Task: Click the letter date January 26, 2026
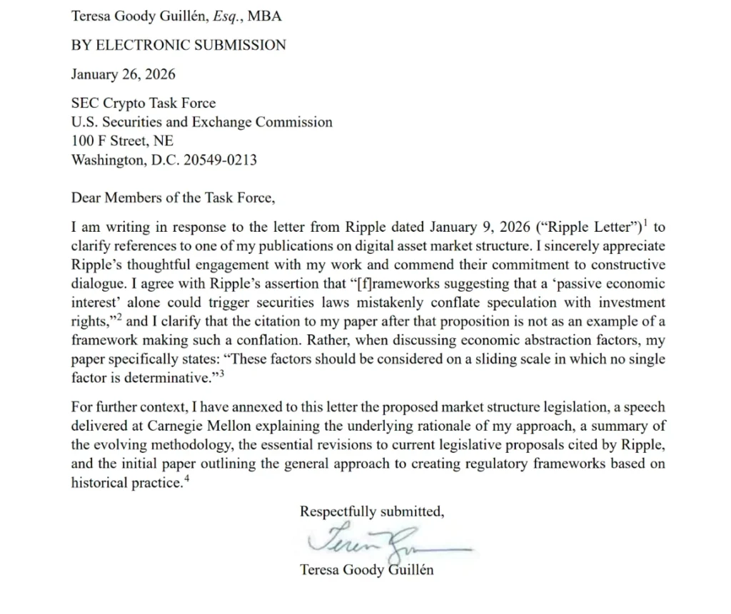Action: pyautogui.click(x=123, y=74)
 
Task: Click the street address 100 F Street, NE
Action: pyautogui.click(x=122, y=141)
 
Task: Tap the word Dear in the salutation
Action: pyautogui.click(x=86, y=198)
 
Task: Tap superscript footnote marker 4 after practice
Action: pyautogui.click(x=188, y=478)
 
